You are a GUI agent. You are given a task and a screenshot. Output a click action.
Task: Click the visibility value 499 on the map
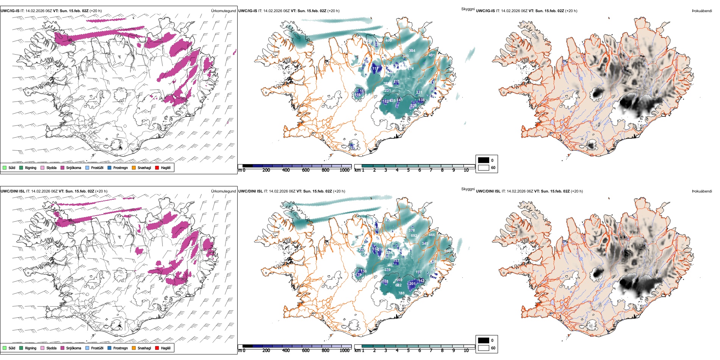coord(388,40)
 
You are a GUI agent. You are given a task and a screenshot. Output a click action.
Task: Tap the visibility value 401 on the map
coord(432,55)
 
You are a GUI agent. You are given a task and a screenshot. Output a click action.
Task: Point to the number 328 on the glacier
coord(413,106)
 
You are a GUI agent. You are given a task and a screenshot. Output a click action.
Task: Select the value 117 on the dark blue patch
coord(375,69)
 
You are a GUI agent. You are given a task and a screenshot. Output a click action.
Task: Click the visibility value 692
coord(414,236)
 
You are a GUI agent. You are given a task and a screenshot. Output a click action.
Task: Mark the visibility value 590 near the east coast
coord(448,251)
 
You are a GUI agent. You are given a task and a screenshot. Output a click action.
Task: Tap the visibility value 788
coord(401,293)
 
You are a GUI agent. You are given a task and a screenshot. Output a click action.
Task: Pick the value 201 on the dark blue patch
coord(412,284)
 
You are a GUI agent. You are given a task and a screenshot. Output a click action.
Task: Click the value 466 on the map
coord(432,235)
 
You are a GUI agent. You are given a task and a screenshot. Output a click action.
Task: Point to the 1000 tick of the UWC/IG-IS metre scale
coord(344,170)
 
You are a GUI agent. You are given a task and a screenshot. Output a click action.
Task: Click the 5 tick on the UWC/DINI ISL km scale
coord(408,351)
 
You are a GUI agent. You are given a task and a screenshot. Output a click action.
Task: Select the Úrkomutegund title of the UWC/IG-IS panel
coord(223,11)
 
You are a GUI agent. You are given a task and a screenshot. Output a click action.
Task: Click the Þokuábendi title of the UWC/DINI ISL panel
coord(702,191)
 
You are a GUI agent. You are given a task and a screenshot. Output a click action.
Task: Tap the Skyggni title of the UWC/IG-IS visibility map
coord(468,9)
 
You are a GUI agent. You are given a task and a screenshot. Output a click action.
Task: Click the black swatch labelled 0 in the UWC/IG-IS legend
coord(484,160)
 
